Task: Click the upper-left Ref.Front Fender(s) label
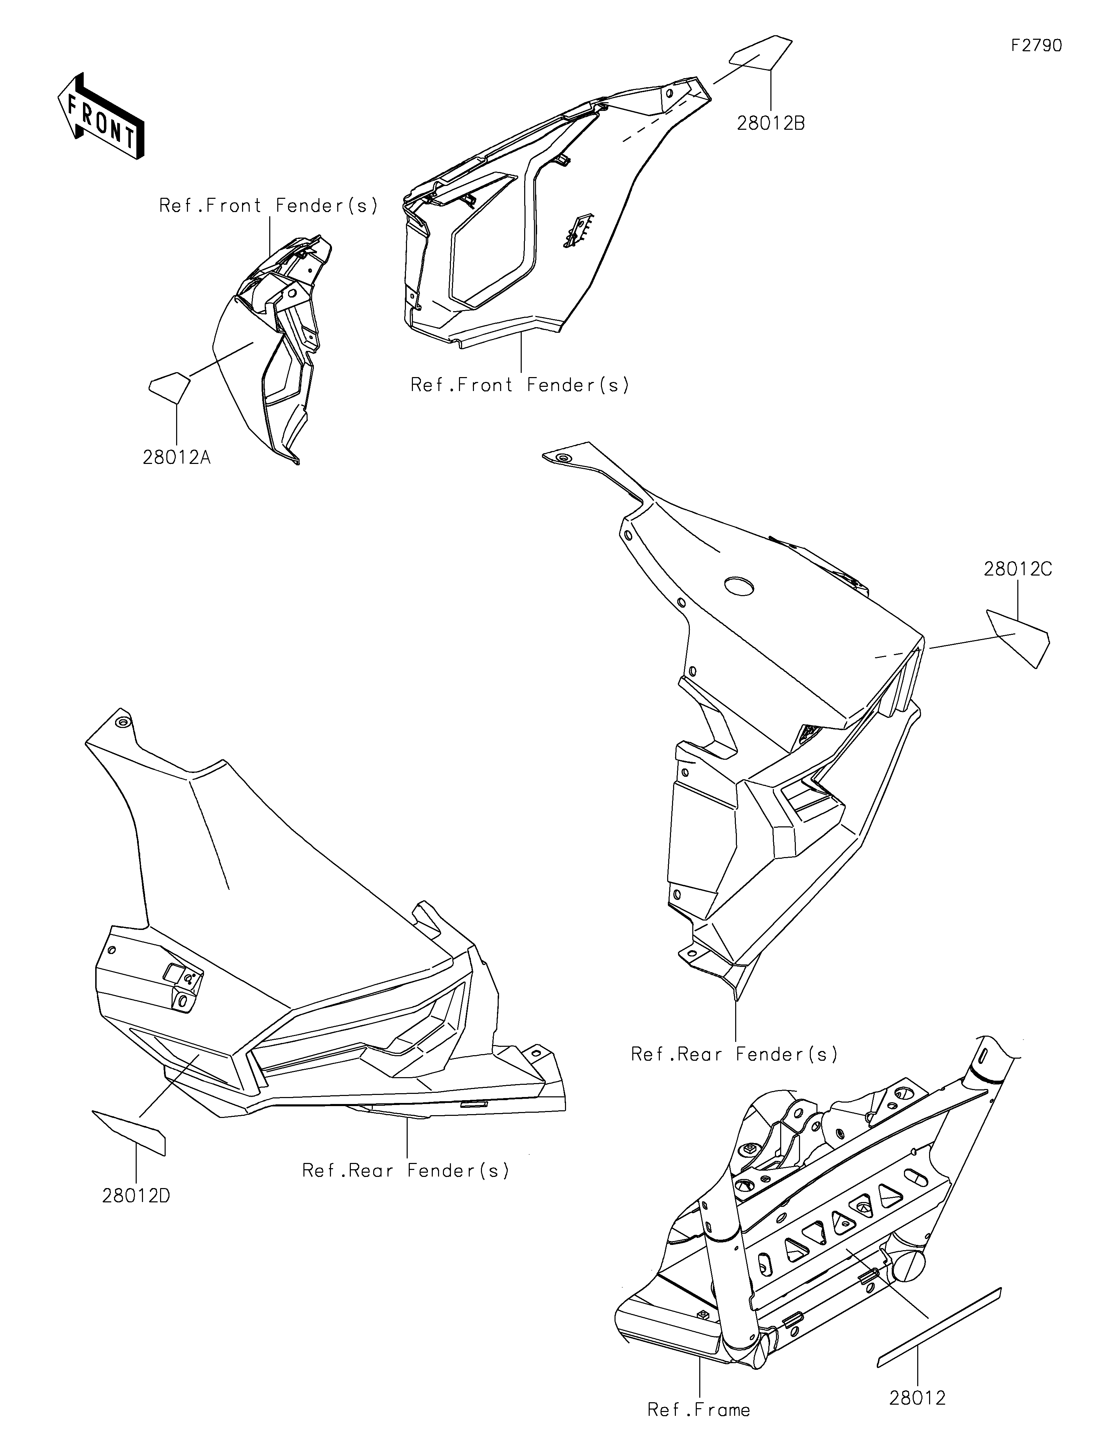click(269, 206)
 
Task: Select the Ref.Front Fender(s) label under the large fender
click(520, 385)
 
